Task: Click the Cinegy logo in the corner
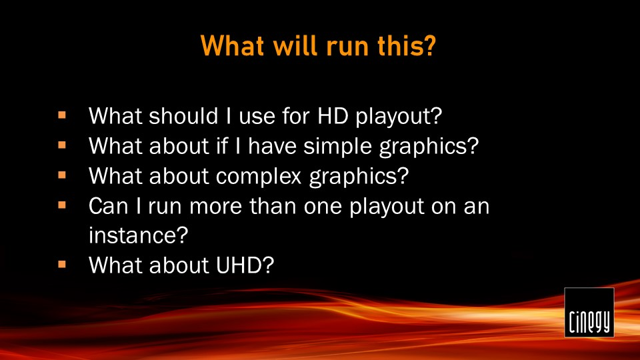click(589, 312)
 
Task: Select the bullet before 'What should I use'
click(62, 115)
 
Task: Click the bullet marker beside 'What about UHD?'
click(62, 264)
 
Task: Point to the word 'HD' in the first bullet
click(332, 115)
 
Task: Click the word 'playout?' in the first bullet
click(399, 117)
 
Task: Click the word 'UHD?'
click(245, 265)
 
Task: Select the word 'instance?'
click(139, 235)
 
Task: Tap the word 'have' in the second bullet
click(272, 146)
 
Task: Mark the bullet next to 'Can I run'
click(62, 205)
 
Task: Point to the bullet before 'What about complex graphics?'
click(62, 175)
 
